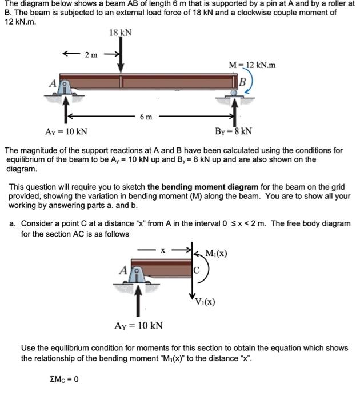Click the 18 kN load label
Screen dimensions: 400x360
[x=120, y=33]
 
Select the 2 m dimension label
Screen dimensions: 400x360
[x=91, y=55]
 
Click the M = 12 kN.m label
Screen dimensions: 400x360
[x=252, y=65]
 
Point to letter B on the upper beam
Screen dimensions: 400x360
[x=242, y=81]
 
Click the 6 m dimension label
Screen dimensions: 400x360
[x=146, y=117]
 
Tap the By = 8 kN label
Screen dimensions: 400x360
[x=234, y=132]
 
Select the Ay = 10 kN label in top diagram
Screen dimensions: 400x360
[x=66, y=132]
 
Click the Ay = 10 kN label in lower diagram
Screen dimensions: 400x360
[x=138, y=325]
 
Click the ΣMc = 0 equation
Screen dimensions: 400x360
[x=64, y=379]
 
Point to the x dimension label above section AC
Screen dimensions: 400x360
[x=163, y=250]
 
